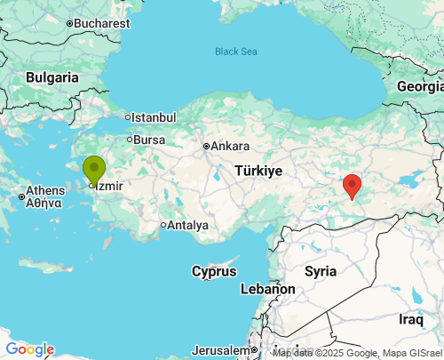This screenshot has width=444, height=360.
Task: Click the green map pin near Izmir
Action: [x=94, y=169]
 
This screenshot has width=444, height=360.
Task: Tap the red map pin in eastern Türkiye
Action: [x=353, y=186]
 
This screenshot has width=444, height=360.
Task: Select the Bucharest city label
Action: [x=101, y=23]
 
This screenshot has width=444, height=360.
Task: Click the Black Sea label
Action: [x=236, y=52]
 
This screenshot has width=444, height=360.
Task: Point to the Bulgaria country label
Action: [x=52, y=78]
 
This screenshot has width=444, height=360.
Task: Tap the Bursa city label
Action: [x=149, y=140]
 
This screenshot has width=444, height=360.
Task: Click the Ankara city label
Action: [x=230, y=147]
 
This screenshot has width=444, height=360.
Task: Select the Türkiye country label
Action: [x=258, y=170]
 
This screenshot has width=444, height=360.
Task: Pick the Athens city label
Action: [x=44, y=190]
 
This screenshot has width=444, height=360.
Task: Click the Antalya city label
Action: [x=187, y=225]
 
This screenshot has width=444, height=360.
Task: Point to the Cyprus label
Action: [x=215, y=270]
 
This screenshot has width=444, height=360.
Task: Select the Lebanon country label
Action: [x=267, y=290]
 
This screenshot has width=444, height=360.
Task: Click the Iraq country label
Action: [x=411, y=318]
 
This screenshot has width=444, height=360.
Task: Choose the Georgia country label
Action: [x=419, y=86]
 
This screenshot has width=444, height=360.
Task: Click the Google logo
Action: [x=29, y=349]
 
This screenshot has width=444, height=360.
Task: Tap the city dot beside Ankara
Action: [x=206, y=147]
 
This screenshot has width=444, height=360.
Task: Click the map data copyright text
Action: [x=357, y=353]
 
